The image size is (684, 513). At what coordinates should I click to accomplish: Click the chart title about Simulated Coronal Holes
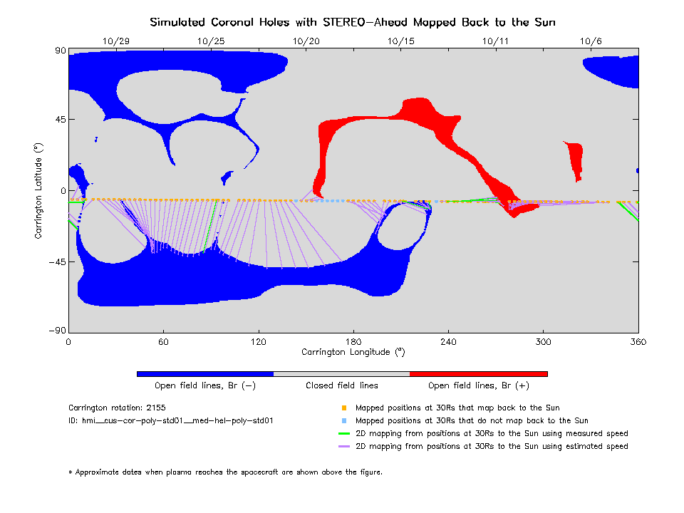352,22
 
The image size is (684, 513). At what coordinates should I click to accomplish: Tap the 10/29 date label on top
116,41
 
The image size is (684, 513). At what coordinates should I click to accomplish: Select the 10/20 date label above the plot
306,41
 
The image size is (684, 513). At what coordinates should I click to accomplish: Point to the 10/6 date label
591,41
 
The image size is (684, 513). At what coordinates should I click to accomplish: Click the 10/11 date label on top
496,41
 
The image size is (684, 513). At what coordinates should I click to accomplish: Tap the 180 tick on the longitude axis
353,341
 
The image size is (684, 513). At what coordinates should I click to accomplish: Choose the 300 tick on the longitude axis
544,341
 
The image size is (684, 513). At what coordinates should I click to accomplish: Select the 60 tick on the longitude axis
163,341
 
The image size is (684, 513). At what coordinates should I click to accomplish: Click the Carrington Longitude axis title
353,352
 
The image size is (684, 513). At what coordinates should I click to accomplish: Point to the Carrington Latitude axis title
38,190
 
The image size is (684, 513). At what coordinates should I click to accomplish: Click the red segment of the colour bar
478,373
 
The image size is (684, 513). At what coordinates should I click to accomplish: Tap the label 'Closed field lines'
342,385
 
